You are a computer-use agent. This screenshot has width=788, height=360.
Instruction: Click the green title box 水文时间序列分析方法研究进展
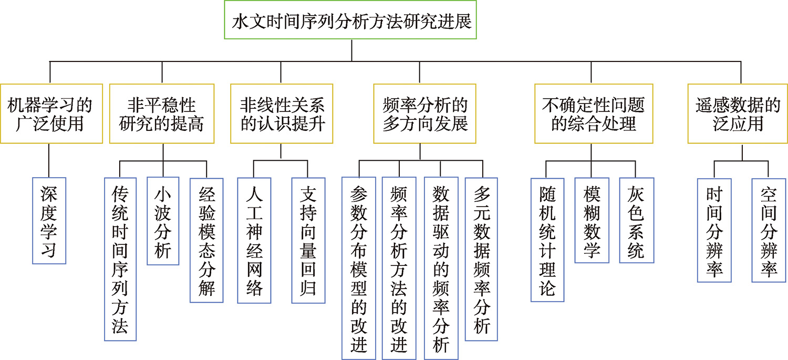point(350,19)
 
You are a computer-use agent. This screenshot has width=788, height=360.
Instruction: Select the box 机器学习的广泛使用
point(51,114)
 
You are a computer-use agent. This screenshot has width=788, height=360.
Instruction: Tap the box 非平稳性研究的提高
point(162,114)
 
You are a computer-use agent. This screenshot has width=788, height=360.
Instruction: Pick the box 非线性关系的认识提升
point(282,114)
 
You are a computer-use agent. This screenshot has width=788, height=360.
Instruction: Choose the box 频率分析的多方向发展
point(424,114)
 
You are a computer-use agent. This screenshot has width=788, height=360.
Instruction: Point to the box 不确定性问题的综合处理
point(594,114)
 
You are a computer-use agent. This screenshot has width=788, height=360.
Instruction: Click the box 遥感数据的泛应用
point(738,114)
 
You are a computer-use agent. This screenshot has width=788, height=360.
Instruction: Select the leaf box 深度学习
point(49,221)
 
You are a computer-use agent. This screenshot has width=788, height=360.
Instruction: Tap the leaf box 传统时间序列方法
point(120,259)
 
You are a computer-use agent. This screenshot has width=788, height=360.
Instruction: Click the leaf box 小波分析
point(163,221)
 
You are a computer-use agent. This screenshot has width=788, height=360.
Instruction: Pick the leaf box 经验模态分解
point(206,240)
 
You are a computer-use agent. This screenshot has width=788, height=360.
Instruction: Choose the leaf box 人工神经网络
point(254,240)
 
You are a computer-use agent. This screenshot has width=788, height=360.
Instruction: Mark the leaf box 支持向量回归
point(308,240)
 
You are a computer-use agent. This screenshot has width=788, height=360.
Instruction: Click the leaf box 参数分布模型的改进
point(359,269)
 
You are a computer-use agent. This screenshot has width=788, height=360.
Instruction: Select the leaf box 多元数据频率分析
point(481,259)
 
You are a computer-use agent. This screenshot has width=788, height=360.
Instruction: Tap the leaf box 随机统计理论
point(547,240)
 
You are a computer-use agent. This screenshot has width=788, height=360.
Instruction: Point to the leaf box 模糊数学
point(592,220)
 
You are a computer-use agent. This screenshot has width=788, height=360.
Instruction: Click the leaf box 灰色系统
point(637,220)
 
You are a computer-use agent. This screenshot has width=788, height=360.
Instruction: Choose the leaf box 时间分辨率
point(714,231)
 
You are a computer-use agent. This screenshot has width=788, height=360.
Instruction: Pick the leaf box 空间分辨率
point(769,231)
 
